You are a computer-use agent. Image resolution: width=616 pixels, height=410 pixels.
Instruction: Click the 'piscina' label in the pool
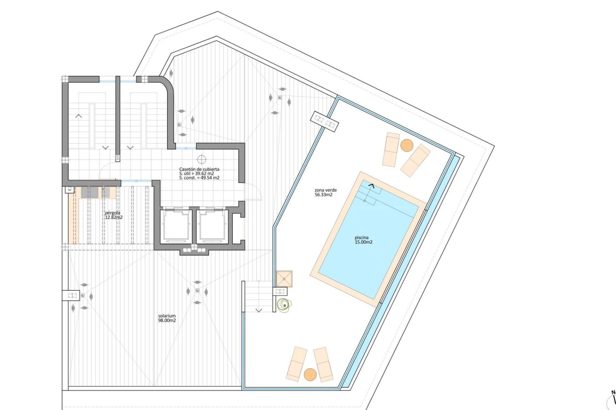362,238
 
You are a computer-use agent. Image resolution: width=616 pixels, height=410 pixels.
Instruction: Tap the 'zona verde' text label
326,190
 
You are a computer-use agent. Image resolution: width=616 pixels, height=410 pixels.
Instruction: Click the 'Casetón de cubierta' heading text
199,169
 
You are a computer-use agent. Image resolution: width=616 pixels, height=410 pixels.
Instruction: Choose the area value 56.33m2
323,194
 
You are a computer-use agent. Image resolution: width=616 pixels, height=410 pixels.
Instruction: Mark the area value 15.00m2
364,242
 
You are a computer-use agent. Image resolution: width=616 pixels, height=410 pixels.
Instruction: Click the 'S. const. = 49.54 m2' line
199,178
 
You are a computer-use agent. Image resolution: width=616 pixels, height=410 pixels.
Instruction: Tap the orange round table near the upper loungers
407,145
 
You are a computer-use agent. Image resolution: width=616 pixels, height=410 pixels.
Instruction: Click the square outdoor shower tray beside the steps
284,279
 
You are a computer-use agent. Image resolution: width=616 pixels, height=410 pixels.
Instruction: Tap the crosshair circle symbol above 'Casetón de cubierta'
201,159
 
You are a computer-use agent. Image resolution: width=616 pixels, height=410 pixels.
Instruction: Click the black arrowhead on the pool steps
372,185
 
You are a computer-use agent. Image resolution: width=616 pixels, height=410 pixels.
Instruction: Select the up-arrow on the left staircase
79,116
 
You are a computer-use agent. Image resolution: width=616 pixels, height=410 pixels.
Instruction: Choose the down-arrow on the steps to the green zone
259,310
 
